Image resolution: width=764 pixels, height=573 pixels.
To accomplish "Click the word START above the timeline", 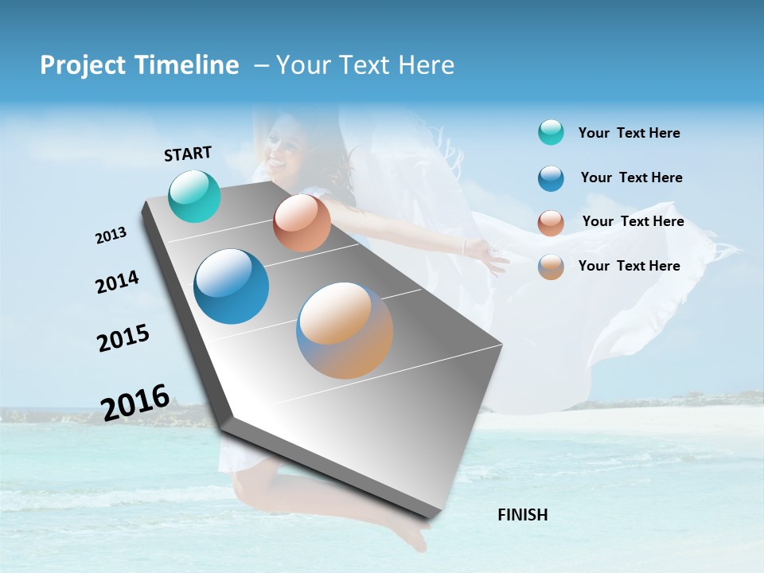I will tap(188, 154).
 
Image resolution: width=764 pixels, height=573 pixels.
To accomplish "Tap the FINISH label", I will tap(522, 515).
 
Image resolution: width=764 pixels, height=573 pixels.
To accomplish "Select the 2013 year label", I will tap(111, 235).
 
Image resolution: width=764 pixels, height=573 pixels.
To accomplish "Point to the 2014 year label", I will tap(117, 282).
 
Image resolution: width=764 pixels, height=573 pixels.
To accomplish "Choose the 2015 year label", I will tap(123, 337).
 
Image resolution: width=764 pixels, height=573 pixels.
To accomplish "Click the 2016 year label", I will tap(135, 402).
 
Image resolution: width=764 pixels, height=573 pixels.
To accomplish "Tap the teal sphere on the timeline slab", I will tap(195, 196).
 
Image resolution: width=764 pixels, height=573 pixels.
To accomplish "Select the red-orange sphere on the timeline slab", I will tap(302, 223).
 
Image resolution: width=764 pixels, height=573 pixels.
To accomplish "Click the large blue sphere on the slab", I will tap(232, 286).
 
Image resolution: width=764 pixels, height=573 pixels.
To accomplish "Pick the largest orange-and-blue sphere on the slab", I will tap(345, 330).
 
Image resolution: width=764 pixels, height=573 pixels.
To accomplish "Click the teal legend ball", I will tap(551, 133).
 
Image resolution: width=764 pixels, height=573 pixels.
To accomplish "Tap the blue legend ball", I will tap(551, 178).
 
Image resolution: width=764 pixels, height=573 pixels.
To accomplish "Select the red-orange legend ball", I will tap(551, 223).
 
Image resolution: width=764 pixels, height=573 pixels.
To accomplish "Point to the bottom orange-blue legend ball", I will tap(551, 267).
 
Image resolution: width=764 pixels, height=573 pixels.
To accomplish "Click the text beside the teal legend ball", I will tap(629, 134).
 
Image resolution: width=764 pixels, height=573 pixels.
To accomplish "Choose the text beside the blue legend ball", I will tap(631, 177).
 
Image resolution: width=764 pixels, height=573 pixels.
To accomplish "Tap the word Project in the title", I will tap(84, 65).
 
